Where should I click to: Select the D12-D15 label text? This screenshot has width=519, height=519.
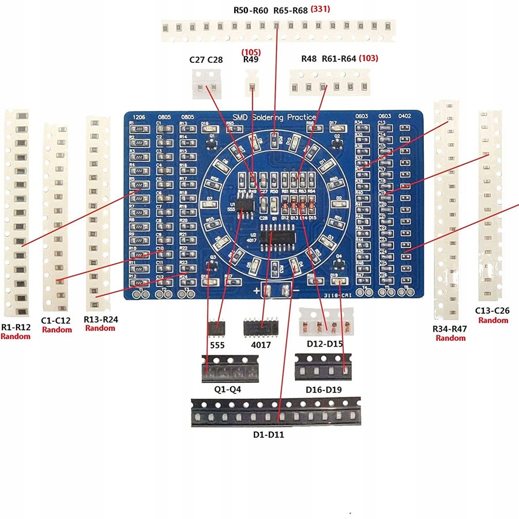(324, 344)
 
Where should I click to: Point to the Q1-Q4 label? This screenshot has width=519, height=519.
(228, 389)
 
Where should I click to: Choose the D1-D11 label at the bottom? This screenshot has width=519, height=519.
(268, 435)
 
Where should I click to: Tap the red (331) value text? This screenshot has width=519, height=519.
(320, 9)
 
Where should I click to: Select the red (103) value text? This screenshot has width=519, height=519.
(368, 58)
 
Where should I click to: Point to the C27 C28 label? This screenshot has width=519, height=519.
(206, 60)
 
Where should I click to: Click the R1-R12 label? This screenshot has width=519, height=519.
(15, 327)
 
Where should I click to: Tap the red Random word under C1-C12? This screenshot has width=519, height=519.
(57, 330)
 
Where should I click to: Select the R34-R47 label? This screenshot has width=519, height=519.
(450, 329)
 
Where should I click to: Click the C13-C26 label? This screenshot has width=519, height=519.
(492, 311)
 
